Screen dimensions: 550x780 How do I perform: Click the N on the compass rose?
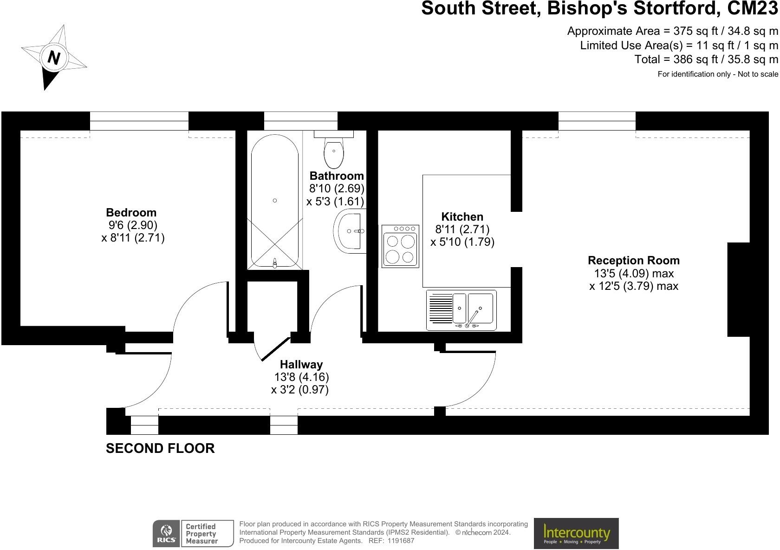tap(54, 58)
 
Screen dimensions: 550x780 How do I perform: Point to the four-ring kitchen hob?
tap(400, 246)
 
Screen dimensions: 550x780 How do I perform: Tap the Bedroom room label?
tap(131, 213)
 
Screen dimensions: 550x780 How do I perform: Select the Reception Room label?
tap(634, 261)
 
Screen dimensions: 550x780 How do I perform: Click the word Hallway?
tap(301, 365)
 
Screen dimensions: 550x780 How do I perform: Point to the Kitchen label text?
tap(462, 217)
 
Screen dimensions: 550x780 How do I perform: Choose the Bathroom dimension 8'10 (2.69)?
tap(337, 189)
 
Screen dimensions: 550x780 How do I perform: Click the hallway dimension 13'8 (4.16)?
tap(301, 377)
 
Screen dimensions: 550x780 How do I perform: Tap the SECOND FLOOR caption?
tap(160, 448)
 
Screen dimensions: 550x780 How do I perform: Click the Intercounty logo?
tap(576, 533)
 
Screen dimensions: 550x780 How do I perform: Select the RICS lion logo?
tap(166, 533)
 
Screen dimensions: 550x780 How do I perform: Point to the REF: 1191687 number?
tap(391, 541)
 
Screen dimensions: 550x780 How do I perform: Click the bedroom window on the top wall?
tap(139, 121)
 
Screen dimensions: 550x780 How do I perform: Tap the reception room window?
tap(597, 121)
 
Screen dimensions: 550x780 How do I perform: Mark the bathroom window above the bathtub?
tap(301, 121)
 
